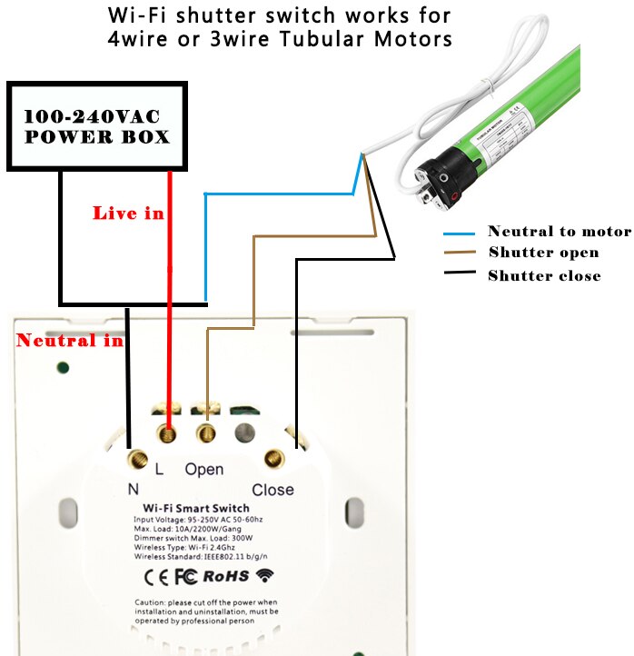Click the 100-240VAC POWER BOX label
[96, 127]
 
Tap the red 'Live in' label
[128, 213]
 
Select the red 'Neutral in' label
[69, 341]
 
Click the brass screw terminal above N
[139, 459]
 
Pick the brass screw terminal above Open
[207, 432]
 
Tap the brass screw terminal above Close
[272, 459]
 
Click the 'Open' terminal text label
[203, 470]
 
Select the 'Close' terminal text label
[272, 490]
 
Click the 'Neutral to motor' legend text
[559, 232]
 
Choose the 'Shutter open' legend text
[543, 253]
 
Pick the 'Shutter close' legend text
[544, 275]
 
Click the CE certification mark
[156, 575]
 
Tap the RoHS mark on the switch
[225, 575]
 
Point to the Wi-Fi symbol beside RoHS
[265, 575]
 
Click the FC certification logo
[186, 575]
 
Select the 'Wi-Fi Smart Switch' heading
[195, 508]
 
